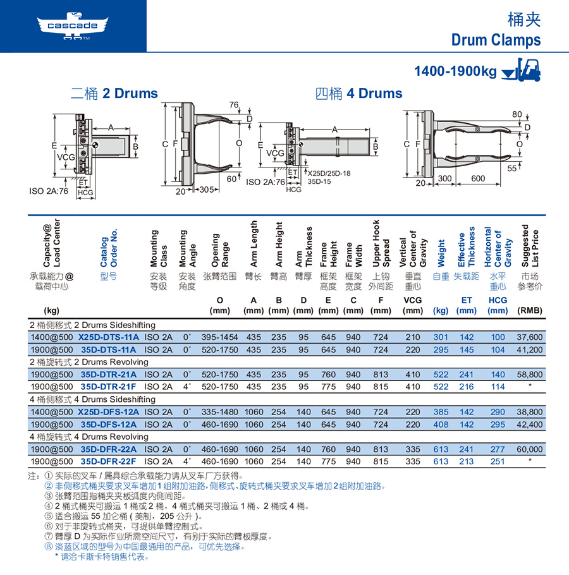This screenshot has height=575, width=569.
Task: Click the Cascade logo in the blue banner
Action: [x=73, y=26]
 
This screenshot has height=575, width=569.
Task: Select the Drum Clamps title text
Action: [x=496, y=40]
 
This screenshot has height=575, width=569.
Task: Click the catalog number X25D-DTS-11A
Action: [x=109, y=337]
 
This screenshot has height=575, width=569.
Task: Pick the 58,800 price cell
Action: [x=529, y=375]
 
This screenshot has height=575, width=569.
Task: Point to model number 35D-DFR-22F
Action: [x=108, y=461]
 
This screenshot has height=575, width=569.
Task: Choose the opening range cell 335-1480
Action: [x=219, y=412]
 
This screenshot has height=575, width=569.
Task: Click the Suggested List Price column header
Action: [x=530, y=246]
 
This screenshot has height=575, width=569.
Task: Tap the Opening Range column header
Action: [x=219, y=250]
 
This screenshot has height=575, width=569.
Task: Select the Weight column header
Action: [x=441, y=253]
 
